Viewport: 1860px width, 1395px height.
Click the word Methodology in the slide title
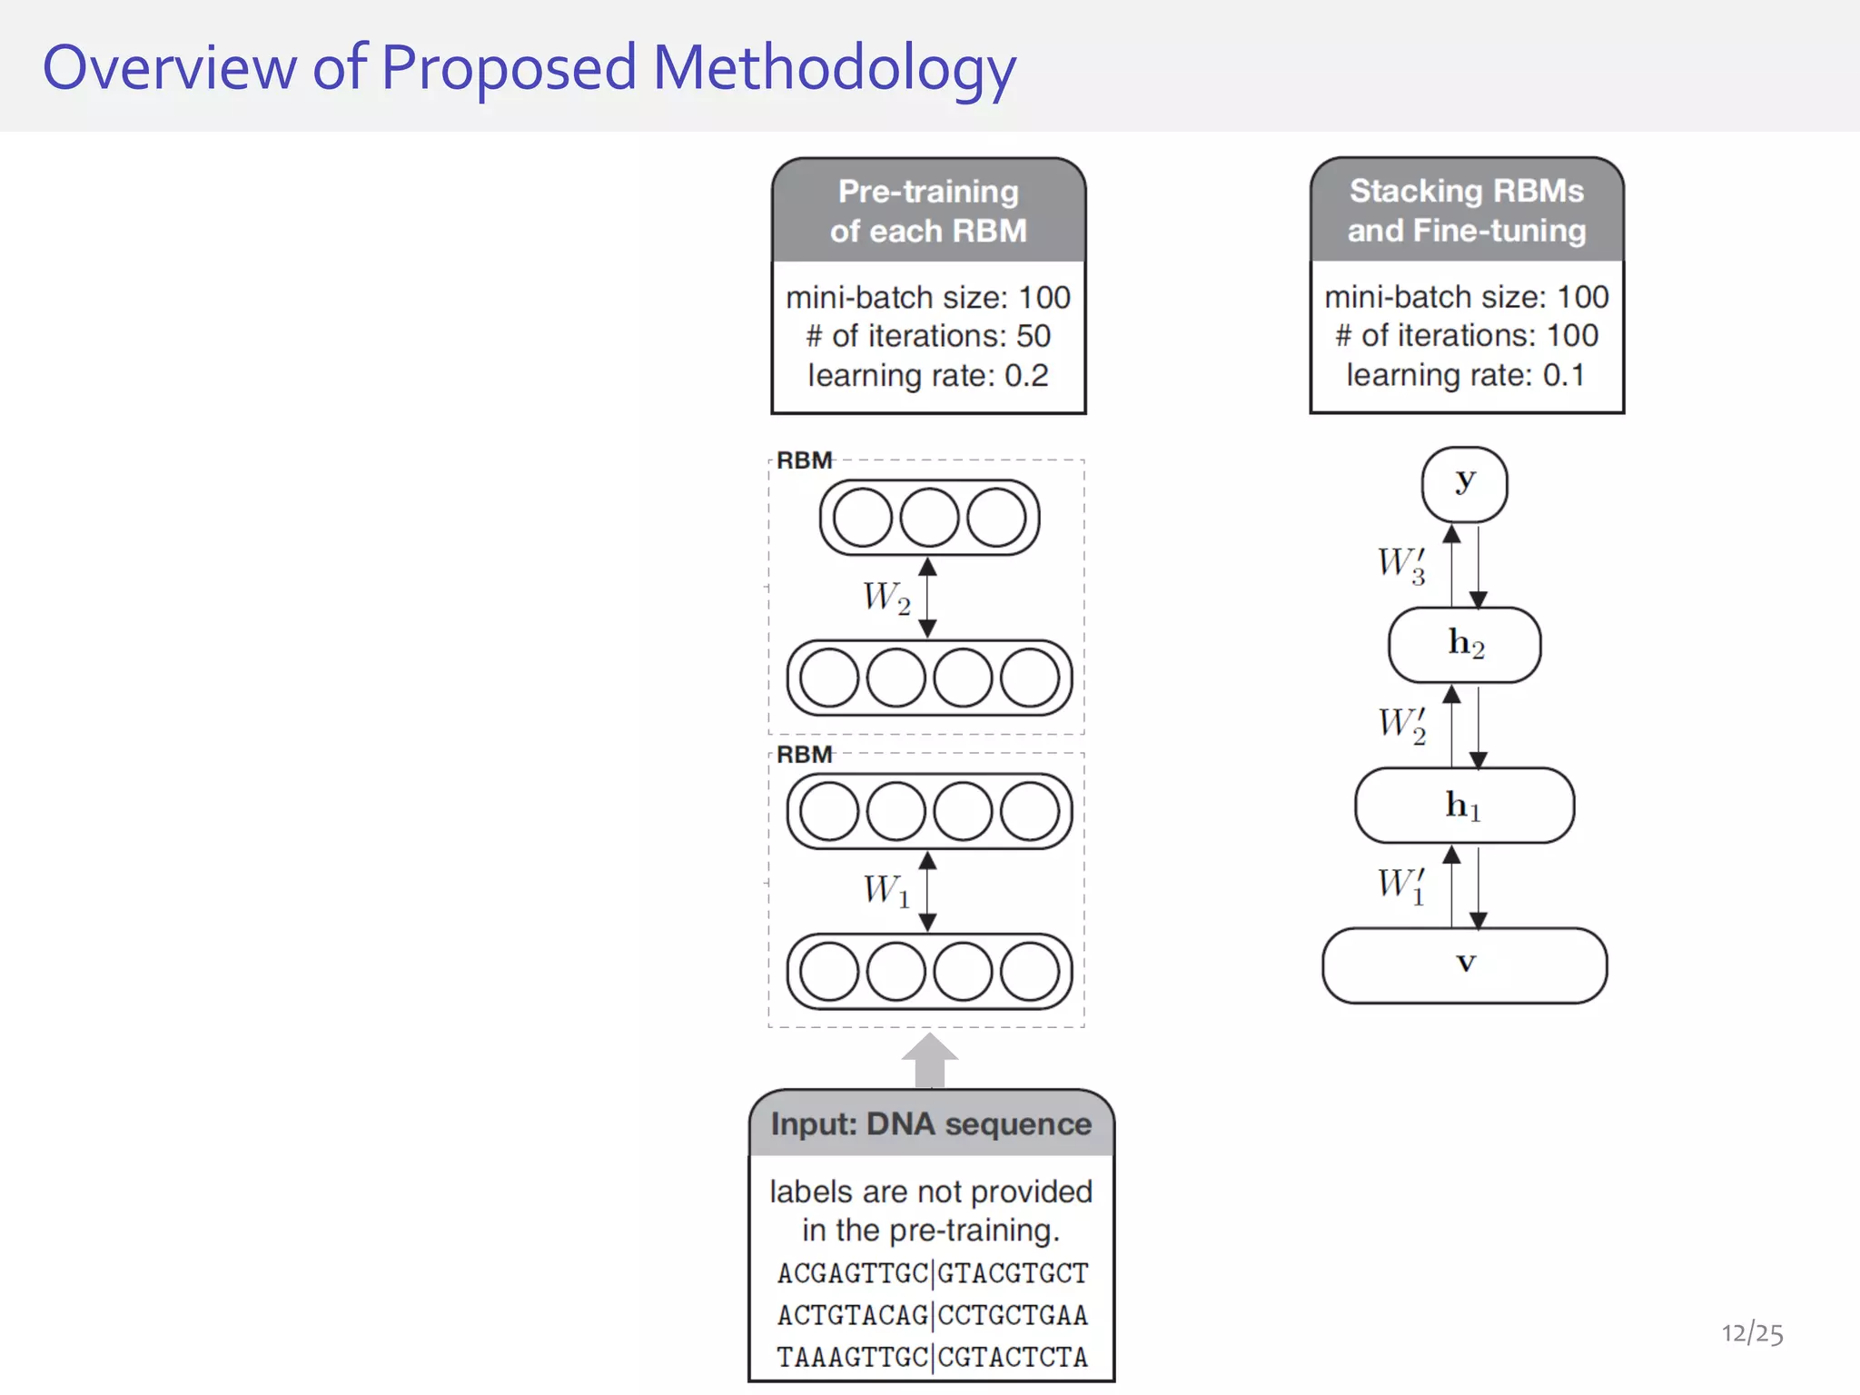[x=834, y=69]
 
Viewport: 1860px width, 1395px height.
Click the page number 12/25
[x=1752, y=1333]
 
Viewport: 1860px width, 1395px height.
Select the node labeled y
[x=1464, y=484]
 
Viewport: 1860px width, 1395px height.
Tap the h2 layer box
[x=1464, y=645]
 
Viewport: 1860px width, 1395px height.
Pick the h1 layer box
[x=1464, y=806]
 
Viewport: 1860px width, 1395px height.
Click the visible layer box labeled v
[x=1464, y=965]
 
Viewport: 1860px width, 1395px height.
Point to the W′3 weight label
[x=1401, y=564]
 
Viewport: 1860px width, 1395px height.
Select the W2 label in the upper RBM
[x=886, y=599]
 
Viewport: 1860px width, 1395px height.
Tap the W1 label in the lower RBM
[x=886, y=890]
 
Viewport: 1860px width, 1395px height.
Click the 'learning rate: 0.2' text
[x=928, y=375]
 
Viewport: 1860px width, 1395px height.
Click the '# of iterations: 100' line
[x=1466, y=335]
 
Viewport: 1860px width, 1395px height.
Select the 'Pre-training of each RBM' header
[x=928, y=211]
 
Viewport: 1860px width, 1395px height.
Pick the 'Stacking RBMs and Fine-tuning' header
[x=1466, y=210]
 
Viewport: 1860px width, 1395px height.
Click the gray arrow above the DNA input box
[x=929, y=1061]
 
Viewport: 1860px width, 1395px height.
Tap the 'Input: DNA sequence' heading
[x=931, y=1124]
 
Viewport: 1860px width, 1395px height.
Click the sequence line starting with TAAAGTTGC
[x=932, y=1357]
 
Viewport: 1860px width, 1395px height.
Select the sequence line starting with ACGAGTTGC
[x=932, y=1273]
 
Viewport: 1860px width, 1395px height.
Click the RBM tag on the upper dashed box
[x=804, y=460]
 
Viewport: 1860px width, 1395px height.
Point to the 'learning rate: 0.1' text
[x=1466, y=375]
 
